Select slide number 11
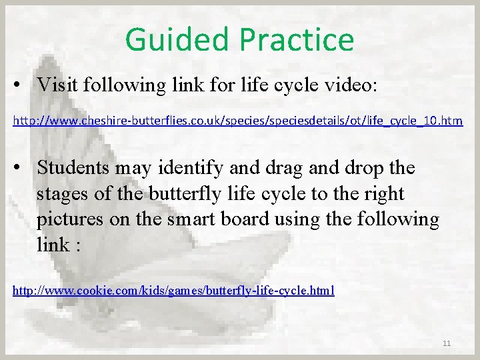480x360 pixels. (x=447, y=343)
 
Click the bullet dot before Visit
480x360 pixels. (x=23, y=86)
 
